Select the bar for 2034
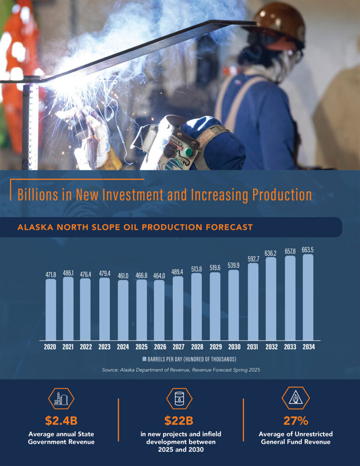pyautogui.click(x=308, y=297)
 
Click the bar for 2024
pyautogui.click(x=123, y=310)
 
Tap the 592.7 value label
pyautogui.click(x=254, y=259)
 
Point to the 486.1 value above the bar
pyautogui.click(x=68, y=273)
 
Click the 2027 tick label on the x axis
pyautogui.click(x=178, y=346)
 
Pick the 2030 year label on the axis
pyautogui.click(x=234, y=346)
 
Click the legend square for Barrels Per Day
pyautogui.click(x=144, y=359)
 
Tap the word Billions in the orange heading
pyautogui.click(x=38, y=195)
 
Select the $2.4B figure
pyautogui.click(x=61, y=420)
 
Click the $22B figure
pyautogui.click(x=179, y=420)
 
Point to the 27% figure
pyautogui.click(x=295, y=420)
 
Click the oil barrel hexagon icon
pyautogui.click(x=179, y=399)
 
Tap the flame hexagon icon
pyautogui.click(x=295, y=398)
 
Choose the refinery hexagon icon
pyautogui.click(x=61, y=399)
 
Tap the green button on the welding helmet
pyautogui.click(x=188, y=152)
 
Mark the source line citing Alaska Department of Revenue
pyautogui.click(x=181, y=370)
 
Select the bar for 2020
pyautogui.click(x=51, y=309)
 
